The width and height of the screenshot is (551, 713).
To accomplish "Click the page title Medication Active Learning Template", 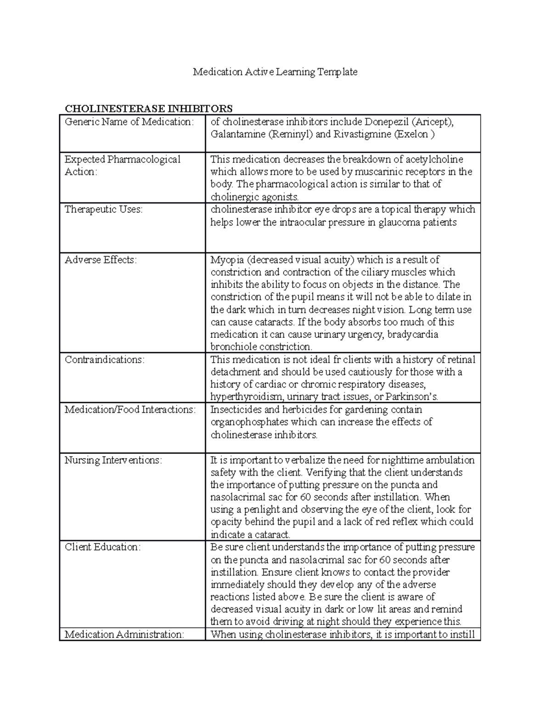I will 275,72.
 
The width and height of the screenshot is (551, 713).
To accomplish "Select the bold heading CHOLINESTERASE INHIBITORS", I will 148,109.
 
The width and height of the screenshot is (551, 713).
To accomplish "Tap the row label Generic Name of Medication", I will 129,122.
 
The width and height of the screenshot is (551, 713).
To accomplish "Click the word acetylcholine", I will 434,159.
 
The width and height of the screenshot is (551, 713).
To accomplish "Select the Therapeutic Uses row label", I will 103,209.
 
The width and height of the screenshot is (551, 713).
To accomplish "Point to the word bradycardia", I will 412,334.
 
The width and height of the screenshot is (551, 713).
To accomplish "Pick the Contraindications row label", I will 104,359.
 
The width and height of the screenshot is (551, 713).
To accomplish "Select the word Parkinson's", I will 412,397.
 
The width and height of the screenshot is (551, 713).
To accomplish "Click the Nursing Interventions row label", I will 113,460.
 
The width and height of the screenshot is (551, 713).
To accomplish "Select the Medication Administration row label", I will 124,634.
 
